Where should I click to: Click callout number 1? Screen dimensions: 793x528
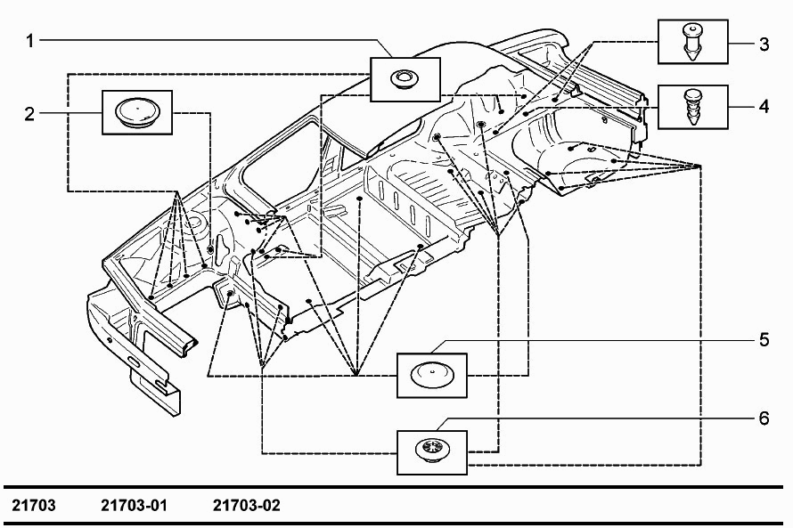click(x=29, y=40)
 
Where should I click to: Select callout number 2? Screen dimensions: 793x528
click(x=29, y=114)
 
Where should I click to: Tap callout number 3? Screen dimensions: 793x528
click(x=764, y=44)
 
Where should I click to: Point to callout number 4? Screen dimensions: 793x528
click(x=764, y=107)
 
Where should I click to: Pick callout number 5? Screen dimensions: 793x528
click(x=764, y=339)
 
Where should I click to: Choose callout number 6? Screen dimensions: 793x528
click(x=764, y=418)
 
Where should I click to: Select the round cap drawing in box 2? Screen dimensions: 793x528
click(x=137, y=112)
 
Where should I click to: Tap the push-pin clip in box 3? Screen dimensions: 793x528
click(x=692, y=41)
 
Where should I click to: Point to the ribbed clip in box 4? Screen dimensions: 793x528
click(x=692, y=107)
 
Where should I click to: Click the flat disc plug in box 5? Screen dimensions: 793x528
click(x=431, y=374)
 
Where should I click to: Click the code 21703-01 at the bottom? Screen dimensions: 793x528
click(x=134, y=505)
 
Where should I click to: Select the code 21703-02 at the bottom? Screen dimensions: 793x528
click(x=246, y=505)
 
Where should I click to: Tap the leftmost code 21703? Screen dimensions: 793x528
click(x=34, y=505)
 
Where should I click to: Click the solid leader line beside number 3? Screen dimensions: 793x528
click(x=741, y=44)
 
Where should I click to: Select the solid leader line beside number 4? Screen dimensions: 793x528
click(x=741, y=107)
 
